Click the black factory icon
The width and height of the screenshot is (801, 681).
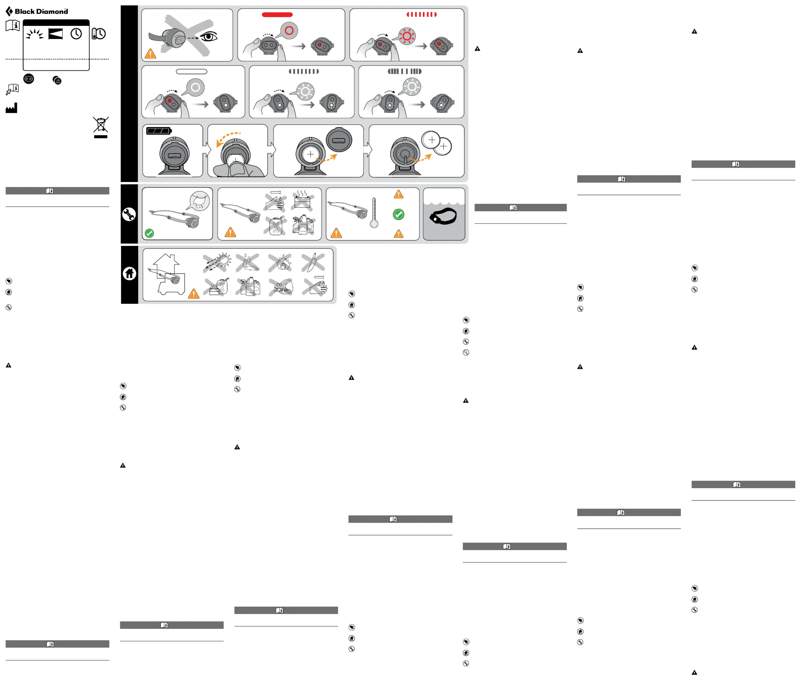[x=11, y=108]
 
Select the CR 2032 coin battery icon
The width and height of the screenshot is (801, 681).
[x=57, y=80]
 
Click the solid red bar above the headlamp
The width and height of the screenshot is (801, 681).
[x=277, y=15]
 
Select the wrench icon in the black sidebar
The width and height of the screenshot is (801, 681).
[x=129, y=214]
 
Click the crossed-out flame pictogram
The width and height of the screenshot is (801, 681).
[x=281, y=262]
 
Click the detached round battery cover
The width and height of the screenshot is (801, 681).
[x=339, y=140]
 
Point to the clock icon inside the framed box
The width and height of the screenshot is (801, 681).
[x=76, y=34]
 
